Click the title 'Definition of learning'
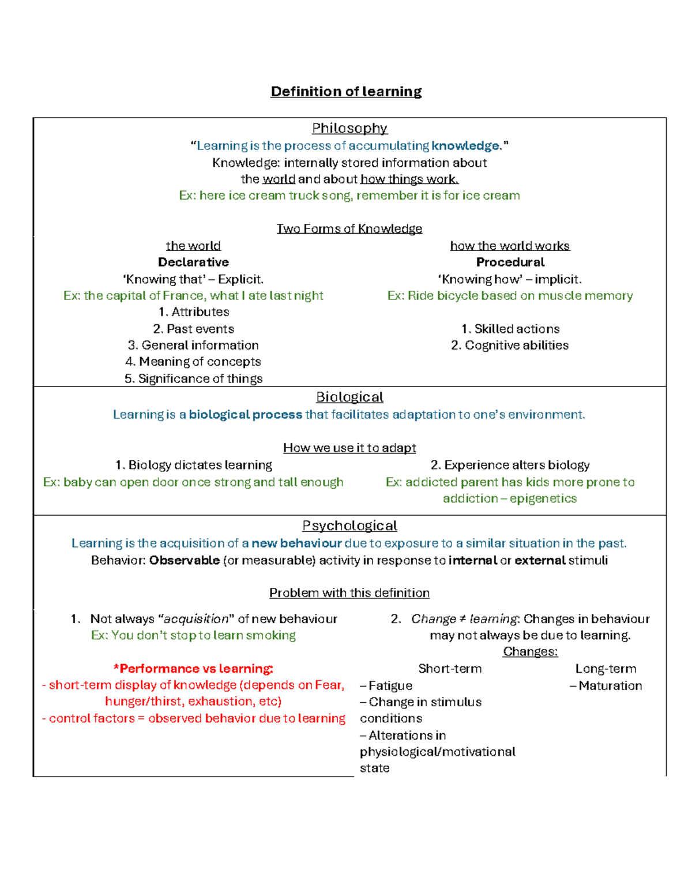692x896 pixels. tap(346, 92)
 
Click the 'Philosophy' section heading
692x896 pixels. tap(349, 128)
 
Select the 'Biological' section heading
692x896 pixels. tap(349, 397)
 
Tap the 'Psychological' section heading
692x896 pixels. tap(349, 526)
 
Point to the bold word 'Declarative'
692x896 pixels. tap(193, 263)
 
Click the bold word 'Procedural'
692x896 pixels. tap(510, 263)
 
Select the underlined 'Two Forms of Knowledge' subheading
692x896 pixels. tap(349, 228)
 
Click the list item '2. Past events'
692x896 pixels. tap(193, 329)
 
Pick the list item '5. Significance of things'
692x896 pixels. tap(193, 378)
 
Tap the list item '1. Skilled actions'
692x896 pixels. tap(510, 329)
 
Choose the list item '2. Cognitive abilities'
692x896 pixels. tap(510, 345)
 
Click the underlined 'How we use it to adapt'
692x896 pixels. tap(349, 448)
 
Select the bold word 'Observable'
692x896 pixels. tap(185, 560)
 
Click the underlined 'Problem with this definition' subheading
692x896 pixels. tap(349, 593)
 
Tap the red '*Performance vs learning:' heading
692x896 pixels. tap(193, 669)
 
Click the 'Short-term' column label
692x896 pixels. tap(450, 669)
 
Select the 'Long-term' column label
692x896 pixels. tap(605, 669)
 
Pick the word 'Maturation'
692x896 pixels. tap(610, 685)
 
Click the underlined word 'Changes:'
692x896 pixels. tap(530, 651)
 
